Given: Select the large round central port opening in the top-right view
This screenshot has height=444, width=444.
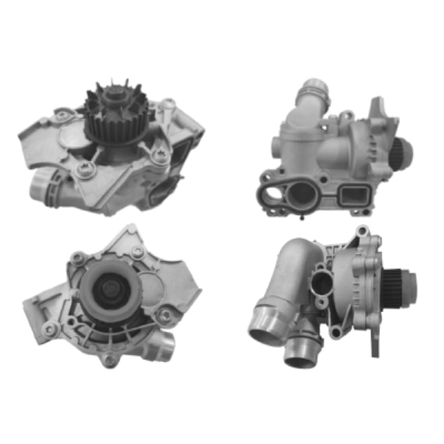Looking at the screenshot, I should [302, 195].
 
